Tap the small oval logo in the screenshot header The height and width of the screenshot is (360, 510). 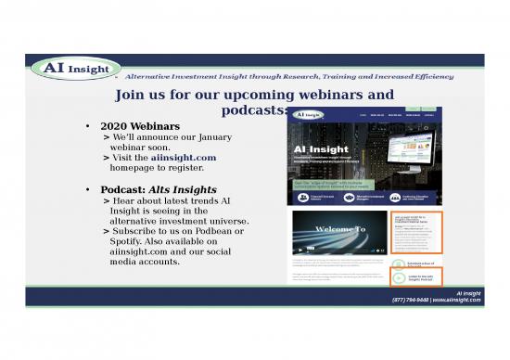point(308,114)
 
